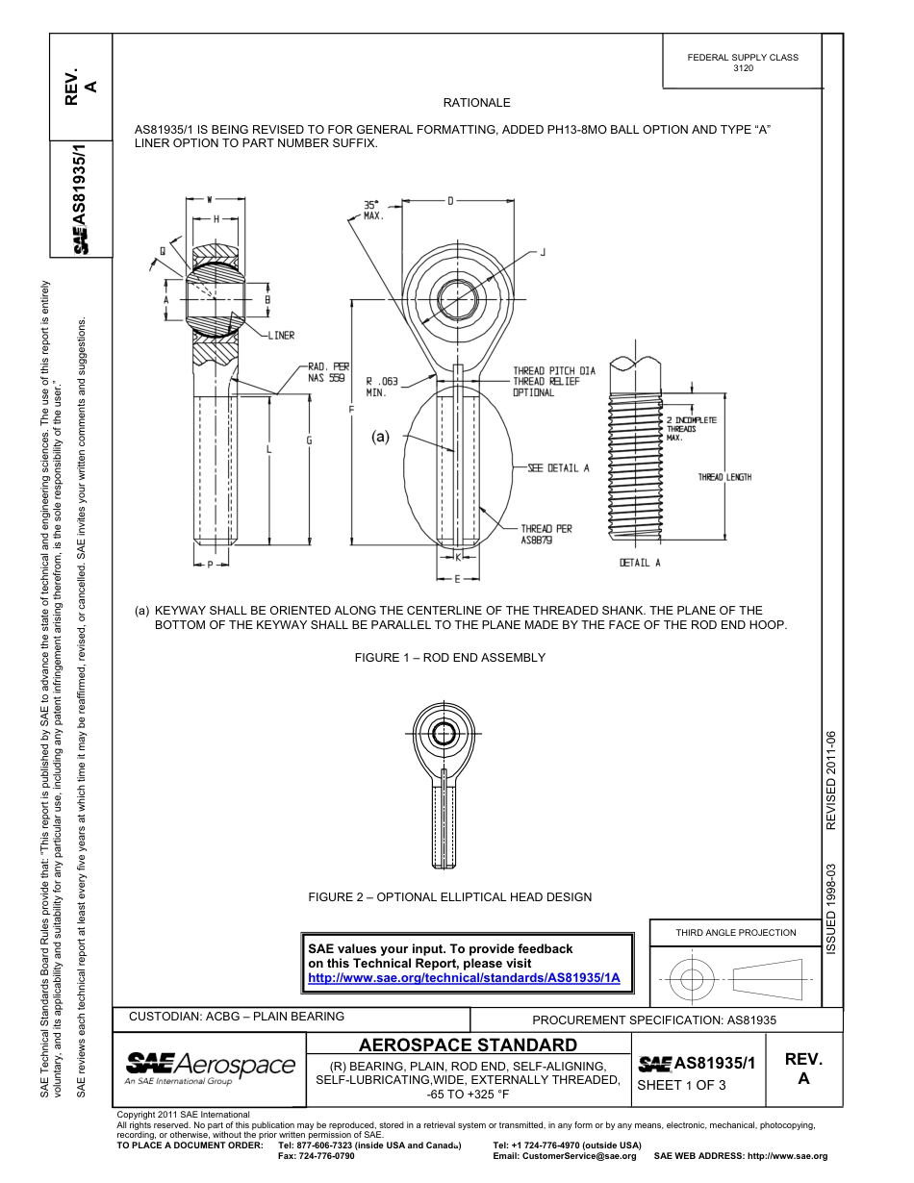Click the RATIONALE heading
(x=476, y=103)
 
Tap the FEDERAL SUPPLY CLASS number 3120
(x=743, y=69)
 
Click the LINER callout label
(x=278, y=336)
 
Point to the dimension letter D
(x=450, y=201)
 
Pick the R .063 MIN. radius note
(x=382, y=387)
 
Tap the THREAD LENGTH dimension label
(x=724, y=478)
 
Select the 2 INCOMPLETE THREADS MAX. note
(x=691, y=429)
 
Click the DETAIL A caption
(x=640, y=563)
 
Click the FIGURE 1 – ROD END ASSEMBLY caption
(x=449, y=658)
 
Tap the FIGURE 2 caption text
(x=449, y=897)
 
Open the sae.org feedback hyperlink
(x=464, y=977)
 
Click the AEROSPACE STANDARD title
(x=468, y=1045)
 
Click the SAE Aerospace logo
(x=210, y=1066)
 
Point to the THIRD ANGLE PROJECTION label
(x=735, y=932)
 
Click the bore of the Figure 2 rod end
(x=444, y=735)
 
